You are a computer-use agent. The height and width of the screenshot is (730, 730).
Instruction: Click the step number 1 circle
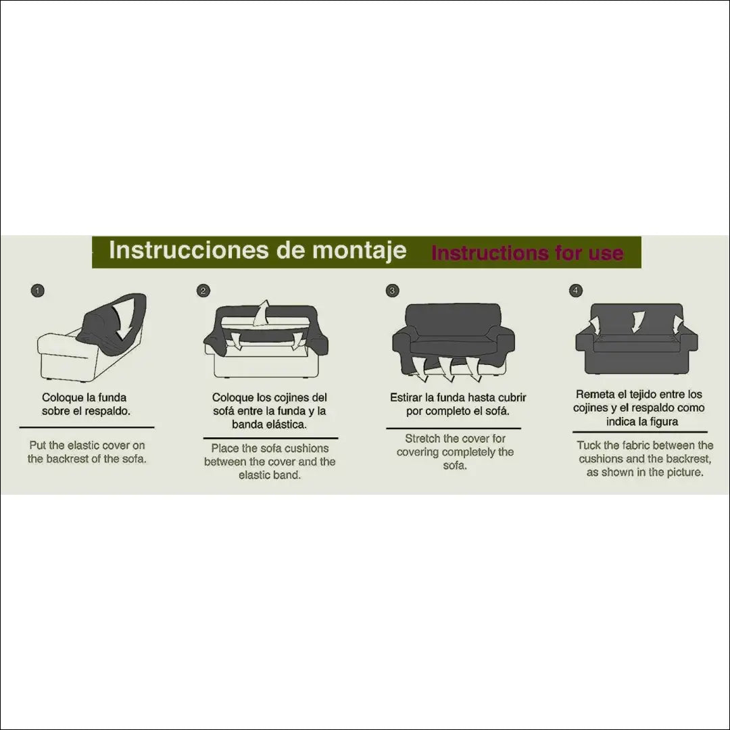38,291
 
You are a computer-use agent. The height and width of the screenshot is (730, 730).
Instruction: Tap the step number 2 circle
203,291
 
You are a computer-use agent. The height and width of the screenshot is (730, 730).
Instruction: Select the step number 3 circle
393,291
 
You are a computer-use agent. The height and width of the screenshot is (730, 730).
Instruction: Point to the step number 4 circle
576,291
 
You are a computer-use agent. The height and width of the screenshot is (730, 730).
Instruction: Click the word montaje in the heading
359,251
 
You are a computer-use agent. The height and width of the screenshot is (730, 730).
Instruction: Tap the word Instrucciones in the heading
189,250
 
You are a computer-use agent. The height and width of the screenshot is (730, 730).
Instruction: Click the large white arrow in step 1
120,321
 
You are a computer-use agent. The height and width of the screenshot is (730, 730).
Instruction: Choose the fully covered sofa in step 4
637,339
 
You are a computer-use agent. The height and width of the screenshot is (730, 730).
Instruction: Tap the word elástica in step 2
287,424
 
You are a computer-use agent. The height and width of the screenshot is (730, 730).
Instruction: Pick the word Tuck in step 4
589,445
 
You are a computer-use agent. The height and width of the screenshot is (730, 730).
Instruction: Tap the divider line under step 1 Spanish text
87,427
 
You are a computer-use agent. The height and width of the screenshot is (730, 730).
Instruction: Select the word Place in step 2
224,448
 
